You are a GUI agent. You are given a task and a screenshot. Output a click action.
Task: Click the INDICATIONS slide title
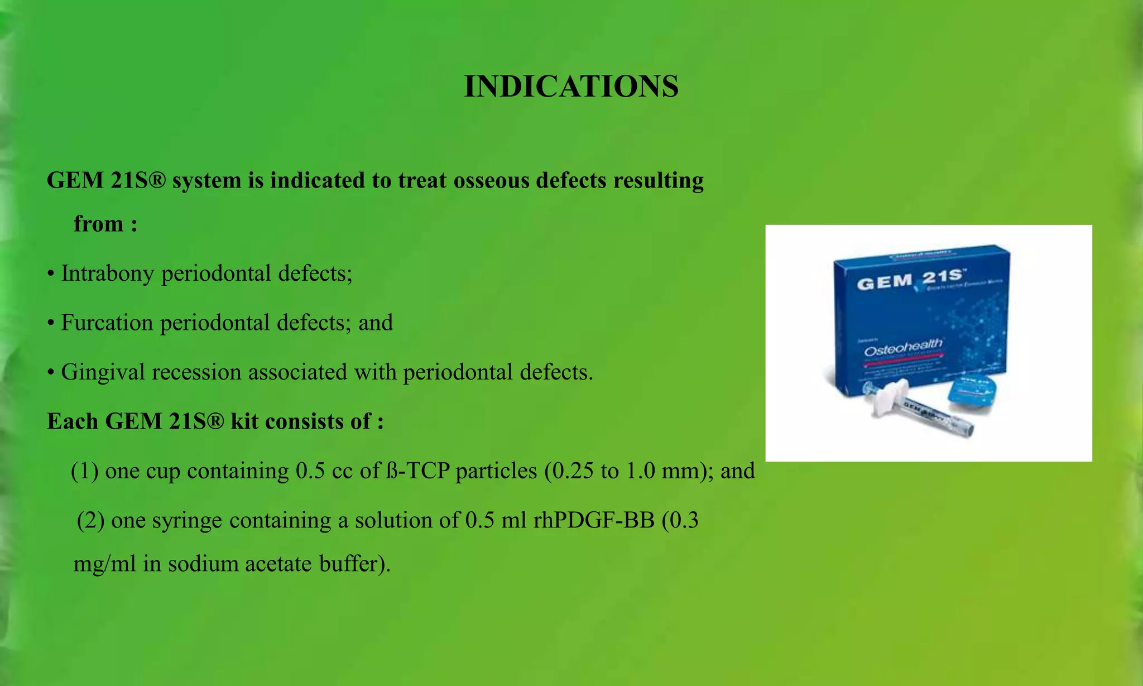tap(571, 87)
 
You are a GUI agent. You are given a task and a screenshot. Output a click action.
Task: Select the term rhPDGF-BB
tap(594, 520)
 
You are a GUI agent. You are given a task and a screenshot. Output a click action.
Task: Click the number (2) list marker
tap(90, 520)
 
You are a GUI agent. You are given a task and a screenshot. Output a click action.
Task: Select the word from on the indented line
tap(99, 224)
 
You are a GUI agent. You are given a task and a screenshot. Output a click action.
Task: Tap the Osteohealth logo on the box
tap(903, 347)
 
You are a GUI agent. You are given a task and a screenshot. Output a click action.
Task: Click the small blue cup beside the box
tap(972, 393)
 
